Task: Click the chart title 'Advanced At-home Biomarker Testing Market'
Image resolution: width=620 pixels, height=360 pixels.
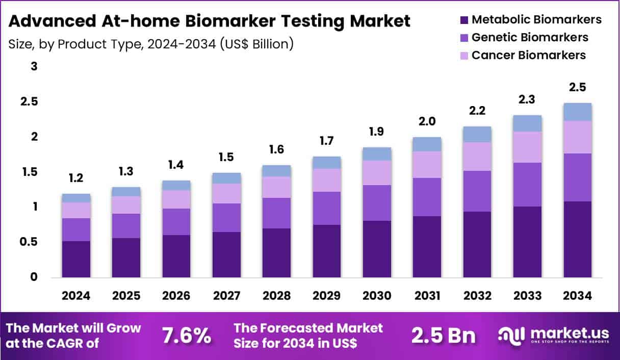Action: (209, 21)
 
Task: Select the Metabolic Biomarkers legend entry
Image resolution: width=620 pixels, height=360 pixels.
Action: (530, 20)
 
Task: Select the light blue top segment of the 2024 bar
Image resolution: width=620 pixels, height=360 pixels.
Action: (76, 198)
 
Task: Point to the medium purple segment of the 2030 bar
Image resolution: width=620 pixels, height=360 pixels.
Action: (377, 202)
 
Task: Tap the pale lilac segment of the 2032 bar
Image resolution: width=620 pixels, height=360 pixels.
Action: (477, 157)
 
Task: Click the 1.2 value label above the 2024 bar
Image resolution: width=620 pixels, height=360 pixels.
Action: (76, 178)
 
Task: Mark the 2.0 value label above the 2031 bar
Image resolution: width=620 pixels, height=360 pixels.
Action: (427, 121)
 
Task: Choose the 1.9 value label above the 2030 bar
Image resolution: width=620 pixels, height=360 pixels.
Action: (377, 132)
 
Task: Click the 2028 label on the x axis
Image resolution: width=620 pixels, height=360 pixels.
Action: (276, 296)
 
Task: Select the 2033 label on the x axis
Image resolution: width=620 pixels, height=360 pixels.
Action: (527, 296)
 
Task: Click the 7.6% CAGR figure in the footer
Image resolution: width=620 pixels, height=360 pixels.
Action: (186, 336)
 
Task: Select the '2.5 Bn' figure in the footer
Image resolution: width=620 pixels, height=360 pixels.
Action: (444, 336)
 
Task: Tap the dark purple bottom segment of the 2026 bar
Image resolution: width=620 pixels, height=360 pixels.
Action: (176, 256)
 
